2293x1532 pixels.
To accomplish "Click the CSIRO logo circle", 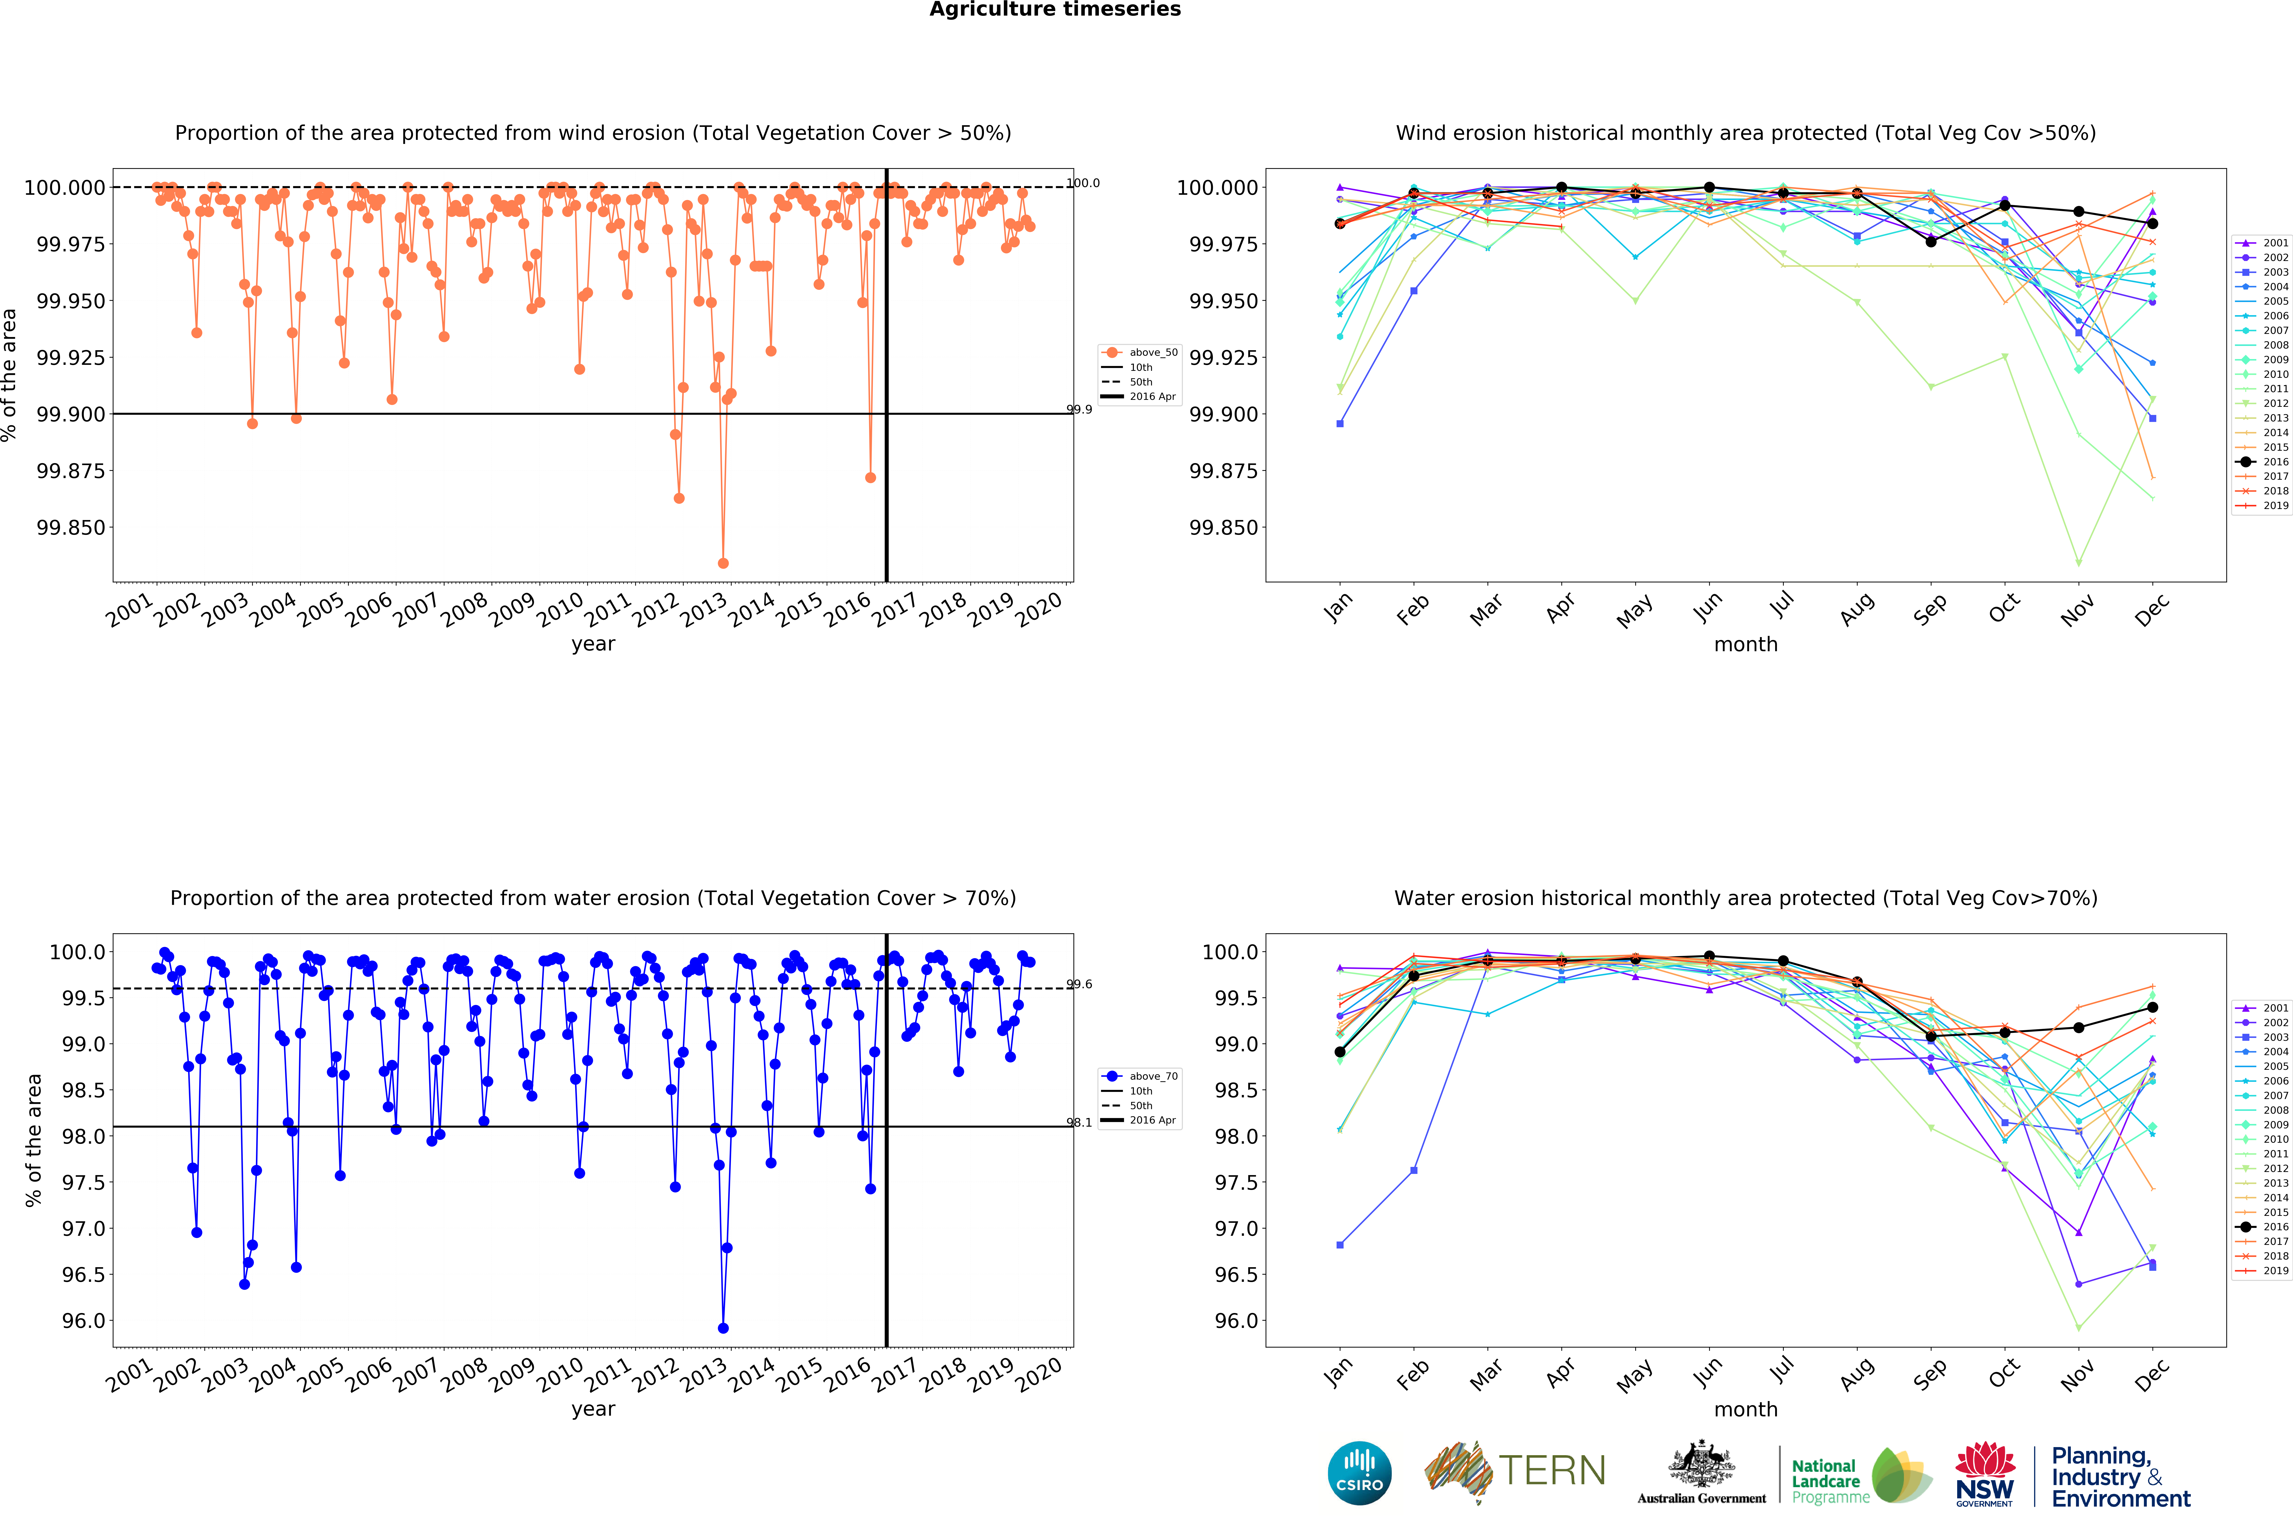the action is (1359, 1473).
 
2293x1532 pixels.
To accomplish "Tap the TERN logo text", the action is (1552, 1470).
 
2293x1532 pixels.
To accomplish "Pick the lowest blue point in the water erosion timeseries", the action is (723, 1328).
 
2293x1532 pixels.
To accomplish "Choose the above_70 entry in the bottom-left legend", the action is (1139, 1076).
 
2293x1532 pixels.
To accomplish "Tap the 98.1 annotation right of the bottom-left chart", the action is (1078, 1123).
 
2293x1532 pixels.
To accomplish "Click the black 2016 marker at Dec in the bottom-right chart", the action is (2152, 1007).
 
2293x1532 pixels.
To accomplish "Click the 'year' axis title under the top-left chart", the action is (593, 644).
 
